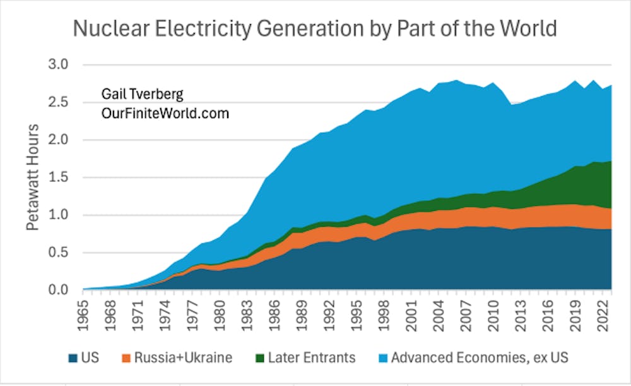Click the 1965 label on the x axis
(83, 314)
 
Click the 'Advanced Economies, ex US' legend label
(480, 358)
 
